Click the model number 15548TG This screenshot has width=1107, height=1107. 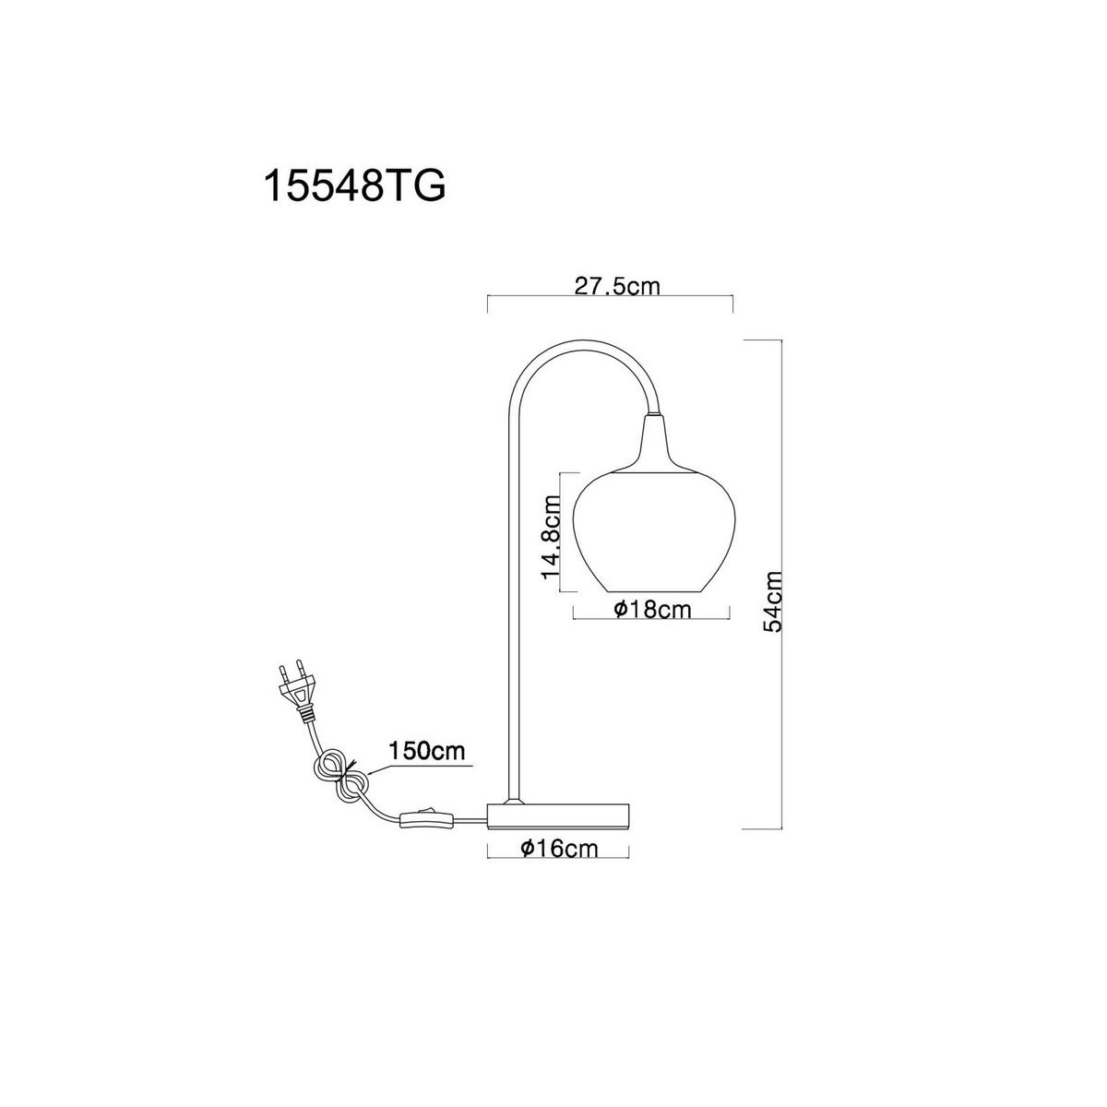354,184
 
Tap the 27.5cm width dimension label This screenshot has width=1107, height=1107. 617,285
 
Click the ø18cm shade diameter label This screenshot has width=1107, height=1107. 652,609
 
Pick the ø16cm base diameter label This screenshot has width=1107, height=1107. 559,848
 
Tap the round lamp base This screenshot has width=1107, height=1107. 559,816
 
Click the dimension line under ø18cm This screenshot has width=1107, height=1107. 651,619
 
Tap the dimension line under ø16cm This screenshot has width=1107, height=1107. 558,858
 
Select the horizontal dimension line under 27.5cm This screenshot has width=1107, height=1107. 611,295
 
